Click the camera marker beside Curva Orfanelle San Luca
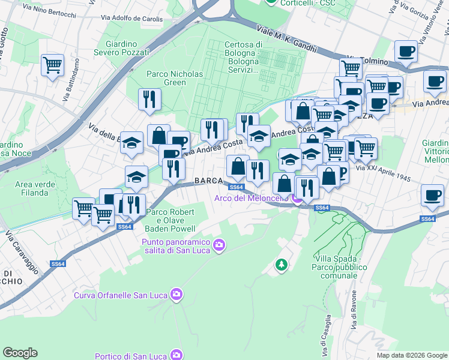tap(177, 294)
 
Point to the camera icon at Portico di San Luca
tap(176, 354)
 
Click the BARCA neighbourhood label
tap(209, 181)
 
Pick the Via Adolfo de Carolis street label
tap(135, 19)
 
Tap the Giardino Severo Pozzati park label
tap(127, 48)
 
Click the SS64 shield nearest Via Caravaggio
tap(58, 264)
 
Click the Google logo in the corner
tap(20, 353)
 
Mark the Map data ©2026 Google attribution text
tap(411, 355)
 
